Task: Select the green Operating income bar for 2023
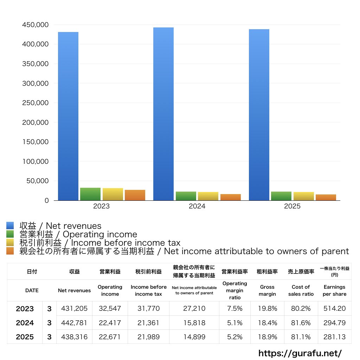tap(90, 194)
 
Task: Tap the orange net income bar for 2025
tap(326, 198)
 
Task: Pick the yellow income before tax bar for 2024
tap(208, 196)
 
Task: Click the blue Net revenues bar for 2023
tap(68, 116)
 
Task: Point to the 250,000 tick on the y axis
tap(35, 103)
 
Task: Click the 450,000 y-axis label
tap(35, 25)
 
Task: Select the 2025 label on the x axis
tap(292, 206)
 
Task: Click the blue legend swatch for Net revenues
tap(10, 226)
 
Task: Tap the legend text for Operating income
tap(78, 234)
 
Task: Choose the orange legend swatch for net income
tap(10, 251)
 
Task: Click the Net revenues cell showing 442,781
tap(74, 323)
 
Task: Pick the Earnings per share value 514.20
tap(334, 309)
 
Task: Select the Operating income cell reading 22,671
tap(110, 337)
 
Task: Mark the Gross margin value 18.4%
tap(268, 323)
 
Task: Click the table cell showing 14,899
tap(194, 337)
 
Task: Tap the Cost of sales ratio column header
tap(301, 290)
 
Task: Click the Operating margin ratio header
tap(234, 290)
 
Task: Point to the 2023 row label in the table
tap(25, 309)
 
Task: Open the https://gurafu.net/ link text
tap(300, 353)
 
